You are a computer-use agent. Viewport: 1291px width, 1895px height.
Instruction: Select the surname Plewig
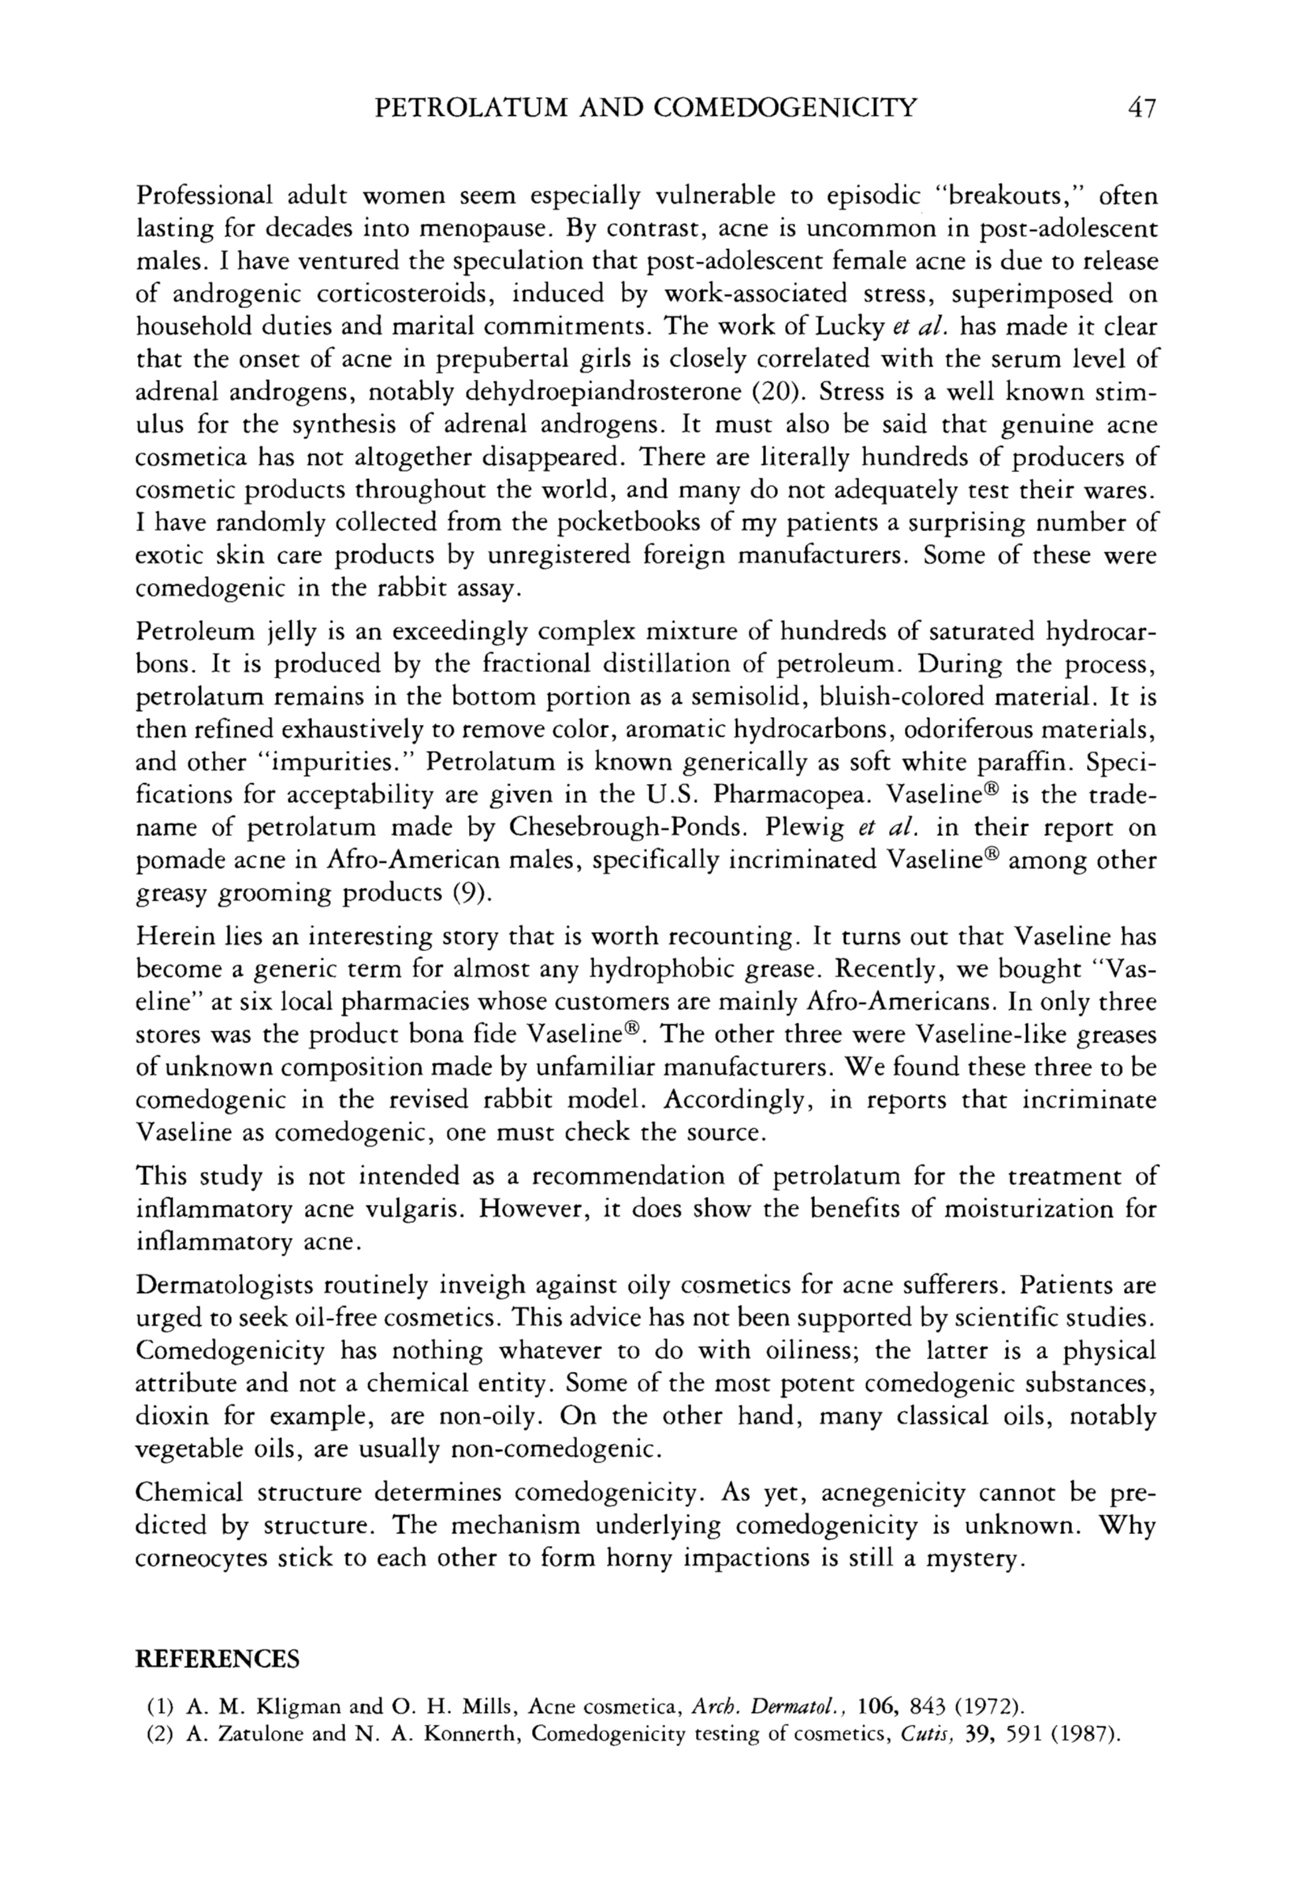click(x=804, y=827)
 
